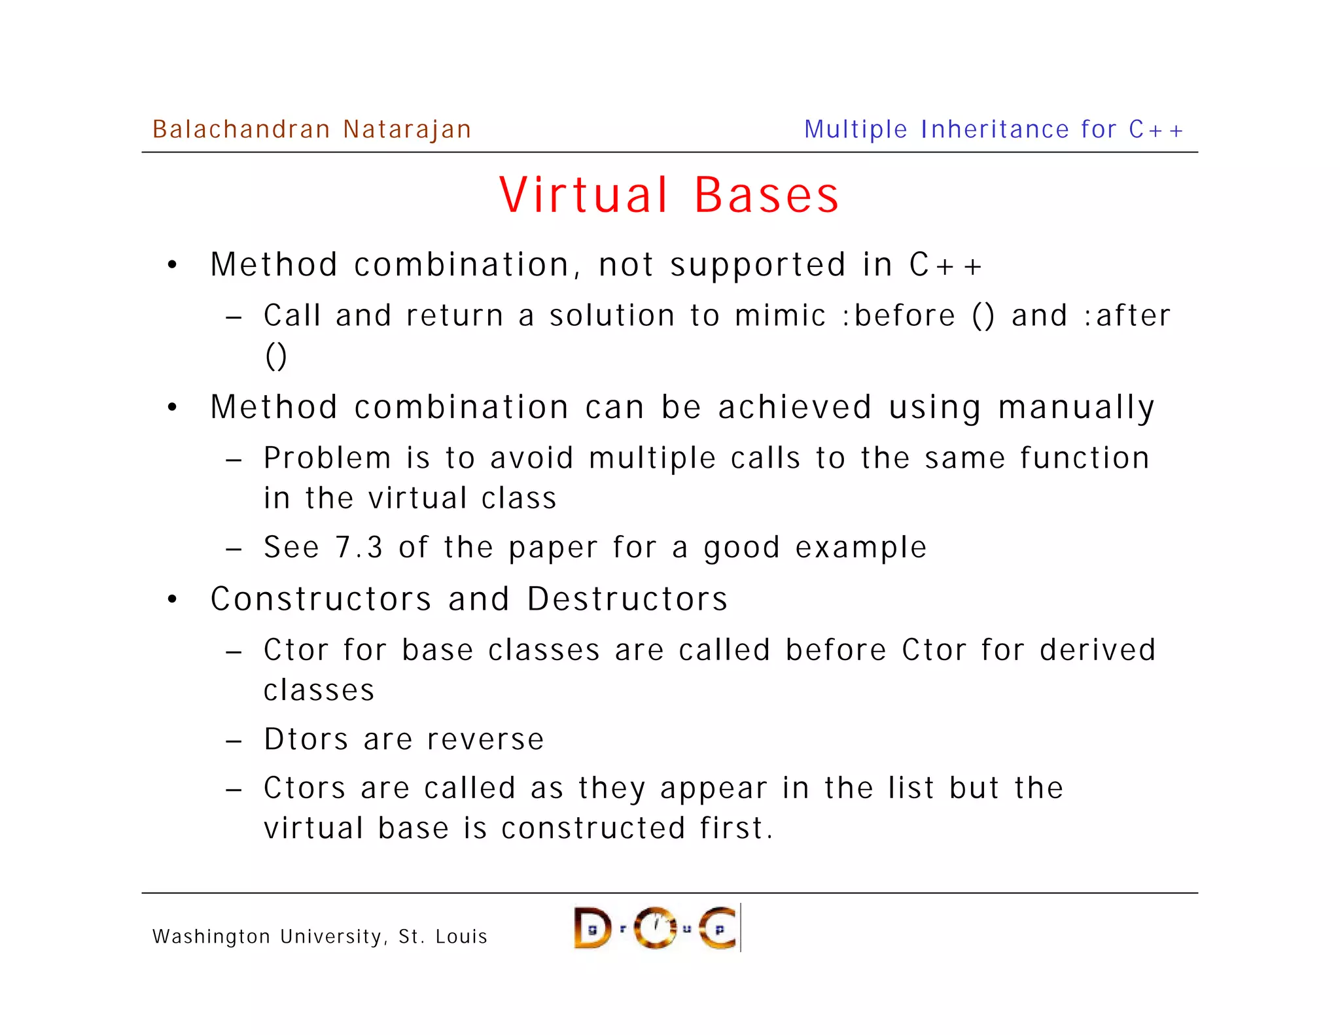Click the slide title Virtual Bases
click(669, 195)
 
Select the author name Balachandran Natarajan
click(311, 130)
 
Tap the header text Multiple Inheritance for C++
click(994, 130)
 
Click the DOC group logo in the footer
click(656, 928)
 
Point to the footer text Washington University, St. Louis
click(320, 936)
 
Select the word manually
click(1076, 408)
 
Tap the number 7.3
click(359, 547)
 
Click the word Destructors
click(627, 599)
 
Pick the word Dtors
click(306, 739)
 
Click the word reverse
click(485, 739)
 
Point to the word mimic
click(780, 315)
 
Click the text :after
click(1127, 315)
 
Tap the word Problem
click(327, 458)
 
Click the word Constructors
click(321, 599)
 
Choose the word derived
click(1098, 650)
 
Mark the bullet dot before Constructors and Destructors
click(172, 599)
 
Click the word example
click(861, 547)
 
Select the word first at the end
click(736, 828)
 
